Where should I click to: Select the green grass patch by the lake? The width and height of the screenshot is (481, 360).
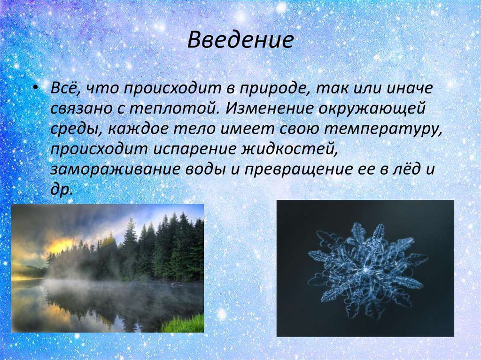click(x=185, y=323)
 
